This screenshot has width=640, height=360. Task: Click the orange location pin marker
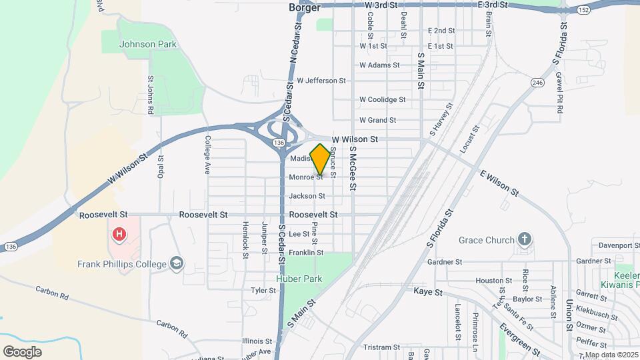tap(321, 159)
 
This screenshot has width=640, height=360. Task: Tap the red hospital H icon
tap(119, 234)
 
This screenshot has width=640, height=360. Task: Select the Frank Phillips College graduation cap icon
tap(177, 264)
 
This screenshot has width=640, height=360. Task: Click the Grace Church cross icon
tap(525, 240)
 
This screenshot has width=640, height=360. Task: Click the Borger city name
tap(305, 7)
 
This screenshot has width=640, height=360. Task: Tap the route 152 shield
tap(583, 10)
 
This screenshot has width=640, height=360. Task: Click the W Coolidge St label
tap(382, 100)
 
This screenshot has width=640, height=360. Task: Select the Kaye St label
tap(427, 292)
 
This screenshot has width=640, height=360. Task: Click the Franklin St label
tap(306, 253)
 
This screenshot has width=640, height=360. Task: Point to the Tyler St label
tap(263, 291)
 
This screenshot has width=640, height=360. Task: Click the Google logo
tap(22, 351)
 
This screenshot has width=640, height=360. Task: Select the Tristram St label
tap(381, 347)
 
